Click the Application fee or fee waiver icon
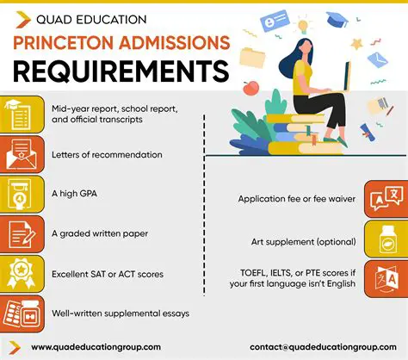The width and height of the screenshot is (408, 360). tap(383, 199)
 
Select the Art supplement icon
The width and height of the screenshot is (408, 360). tap(385, 239)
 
